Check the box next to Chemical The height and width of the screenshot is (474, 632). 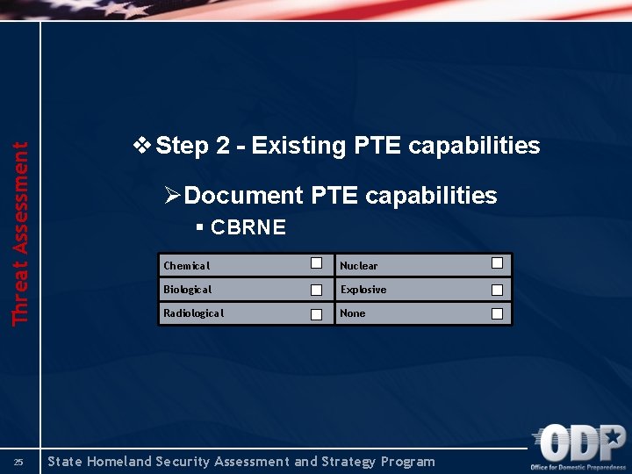318,263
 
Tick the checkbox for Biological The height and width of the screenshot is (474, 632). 318,290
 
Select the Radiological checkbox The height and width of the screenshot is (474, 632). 318,313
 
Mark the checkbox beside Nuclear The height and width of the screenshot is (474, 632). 497,263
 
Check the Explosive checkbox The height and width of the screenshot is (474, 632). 497,290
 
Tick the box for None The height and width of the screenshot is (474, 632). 497,313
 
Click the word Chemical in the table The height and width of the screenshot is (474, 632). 186,266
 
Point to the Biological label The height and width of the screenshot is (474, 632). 187,290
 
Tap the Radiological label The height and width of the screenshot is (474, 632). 193,313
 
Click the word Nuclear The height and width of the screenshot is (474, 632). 358,266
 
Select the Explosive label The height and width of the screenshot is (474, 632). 363,290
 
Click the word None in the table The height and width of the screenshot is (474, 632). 353,313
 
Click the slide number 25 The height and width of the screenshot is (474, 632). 19,462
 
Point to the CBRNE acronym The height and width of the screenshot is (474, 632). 248,227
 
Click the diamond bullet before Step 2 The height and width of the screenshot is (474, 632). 140,145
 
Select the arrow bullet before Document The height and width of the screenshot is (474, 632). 172,195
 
